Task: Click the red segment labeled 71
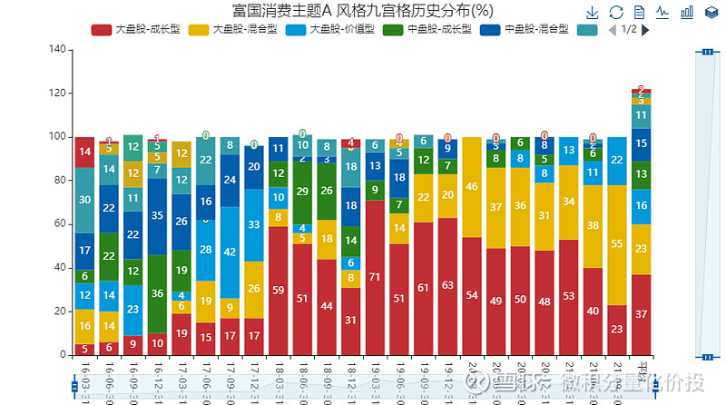[x=376, y=277]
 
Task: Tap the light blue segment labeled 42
[x=231, y=252]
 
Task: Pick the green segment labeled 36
[x=157, y=293]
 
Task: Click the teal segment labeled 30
[x=84, y=200]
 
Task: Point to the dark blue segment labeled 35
[x=157, y=216]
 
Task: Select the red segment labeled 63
[x=448, y=285]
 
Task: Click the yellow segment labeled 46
[x=472, y=187]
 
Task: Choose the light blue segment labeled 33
[x=254, y=224]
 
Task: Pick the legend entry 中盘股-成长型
[x=427, y=29]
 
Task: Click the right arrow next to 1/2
[x=645, y=29]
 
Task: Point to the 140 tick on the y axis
[x=55, y=49]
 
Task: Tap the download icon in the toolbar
[x=592, y=12]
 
